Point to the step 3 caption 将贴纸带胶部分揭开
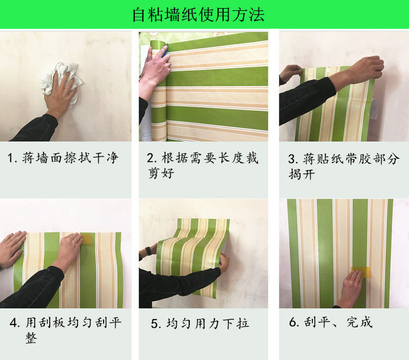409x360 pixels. [x=344, y=166]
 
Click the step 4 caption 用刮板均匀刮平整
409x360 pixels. [x=65, y=329]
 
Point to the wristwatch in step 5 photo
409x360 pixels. [x=148, y=253]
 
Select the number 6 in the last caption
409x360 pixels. [x=292, y=323]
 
